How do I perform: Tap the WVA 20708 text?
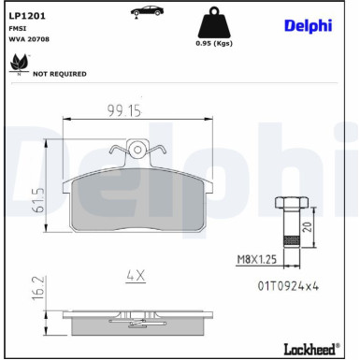29,40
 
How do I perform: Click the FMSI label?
19,29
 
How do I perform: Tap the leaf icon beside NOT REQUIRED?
17,65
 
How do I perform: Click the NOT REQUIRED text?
60,73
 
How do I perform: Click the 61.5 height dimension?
38,200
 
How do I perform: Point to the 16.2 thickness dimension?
38,286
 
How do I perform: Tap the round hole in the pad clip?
137,148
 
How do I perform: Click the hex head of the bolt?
289,203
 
